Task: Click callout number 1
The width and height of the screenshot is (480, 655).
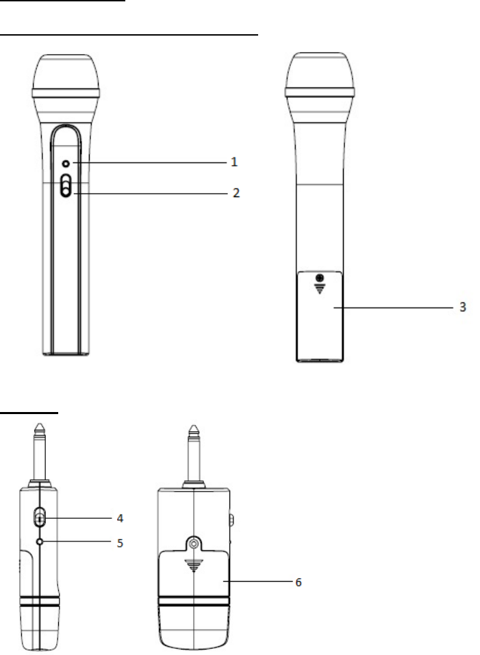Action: click(234, 162)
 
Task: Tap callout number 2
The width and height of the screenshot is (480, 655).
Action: click(236, 193)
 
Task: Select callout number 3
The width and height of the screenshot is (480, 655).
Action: click(462, 307)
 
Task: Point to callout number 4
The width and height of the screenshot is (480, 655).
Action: click(120, 518)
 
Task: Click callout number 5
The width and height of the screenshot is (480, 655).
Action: click(120, 543)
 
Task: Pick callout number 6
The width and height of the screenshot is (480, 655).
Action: click(299, 582)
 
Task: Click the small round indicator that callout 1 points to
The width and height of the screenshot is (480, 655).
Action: click(66, 164)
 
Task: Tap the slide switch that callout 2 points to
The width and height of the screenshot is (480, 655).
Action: click(66, 185)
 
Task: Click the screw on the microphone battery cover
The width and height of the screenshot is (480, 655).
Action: click(320, 278)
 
